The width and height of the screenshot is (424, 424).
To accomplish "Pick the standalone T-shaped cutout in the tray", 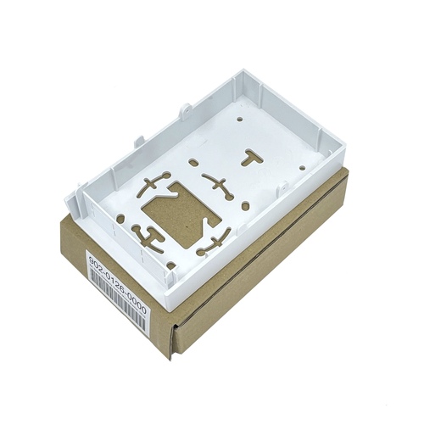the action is coord(252,158).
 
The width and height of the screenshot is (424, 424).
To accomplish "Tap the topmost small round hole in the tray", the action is coord(240,120).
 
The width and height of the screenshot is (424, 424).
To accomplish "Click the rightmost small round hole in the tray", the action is coord(302,167).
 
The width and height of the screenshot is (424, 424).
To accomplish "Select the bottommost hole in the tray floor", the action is coord(170,265).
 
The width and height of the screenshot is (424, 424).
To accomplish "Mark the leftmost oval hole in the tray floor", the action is coord(120,219).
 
